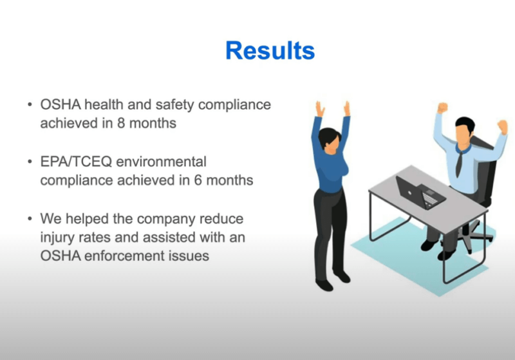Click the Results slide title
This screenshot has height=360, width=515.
270,50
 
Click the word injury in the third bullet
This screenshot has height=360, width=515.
57,238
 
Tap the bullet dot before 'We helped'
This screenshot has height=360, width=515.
29,220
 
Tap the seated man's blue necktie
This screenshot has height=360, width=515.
458,160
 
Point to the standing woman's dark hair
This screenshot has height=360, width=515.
328,136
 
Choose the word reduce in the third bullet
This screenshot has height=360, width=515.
221,220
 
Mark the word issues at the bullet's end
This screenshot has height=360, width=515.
191,256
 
